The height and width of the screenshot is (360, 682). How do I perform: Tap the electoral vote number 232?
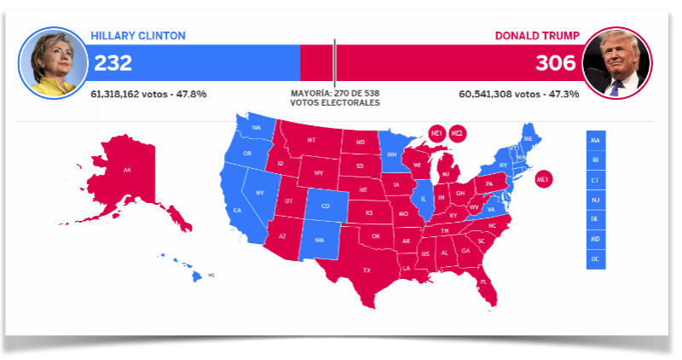[x=112, y=63]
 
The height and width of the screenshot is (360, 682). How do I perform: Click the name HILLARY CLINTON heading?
[x=137, y=36]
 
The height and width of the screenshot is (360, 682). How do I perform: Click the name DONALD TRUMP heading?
[x=537, y=36]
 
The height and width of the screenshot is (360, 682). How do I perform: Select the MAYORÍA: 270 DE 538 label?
[x=335, y=92]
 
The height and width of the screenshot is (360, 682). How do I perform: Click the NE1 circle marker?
[x=436, y=133]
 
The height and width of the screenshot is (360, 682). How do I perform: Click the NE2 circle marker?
[x=457, y=133]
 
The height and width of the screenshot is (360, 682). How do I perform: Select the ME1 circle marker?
[x=544, y=179]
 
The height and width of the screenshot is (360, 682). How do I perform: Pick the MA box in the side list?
[x=595, y=139]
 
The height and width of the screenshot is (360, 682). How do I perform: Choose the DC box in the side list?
[x=595, y=258]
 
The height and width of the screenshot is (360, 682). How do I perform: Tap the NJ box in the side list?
[x=595, y=199]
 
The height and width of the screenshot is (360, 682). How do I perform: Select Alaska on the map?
[x=128, y=171]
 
